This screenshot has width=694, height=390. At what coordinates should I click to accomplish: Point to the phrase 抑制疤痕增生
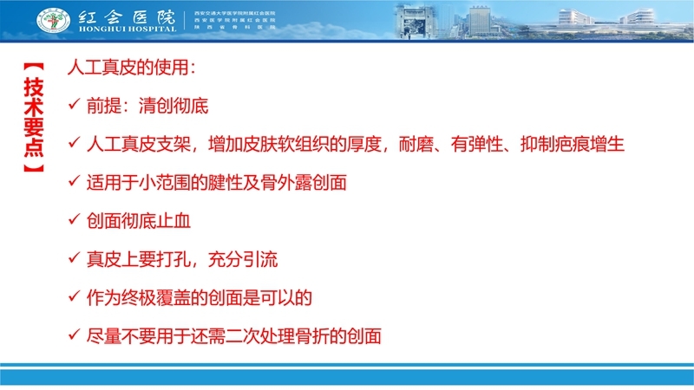[578, 145]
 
